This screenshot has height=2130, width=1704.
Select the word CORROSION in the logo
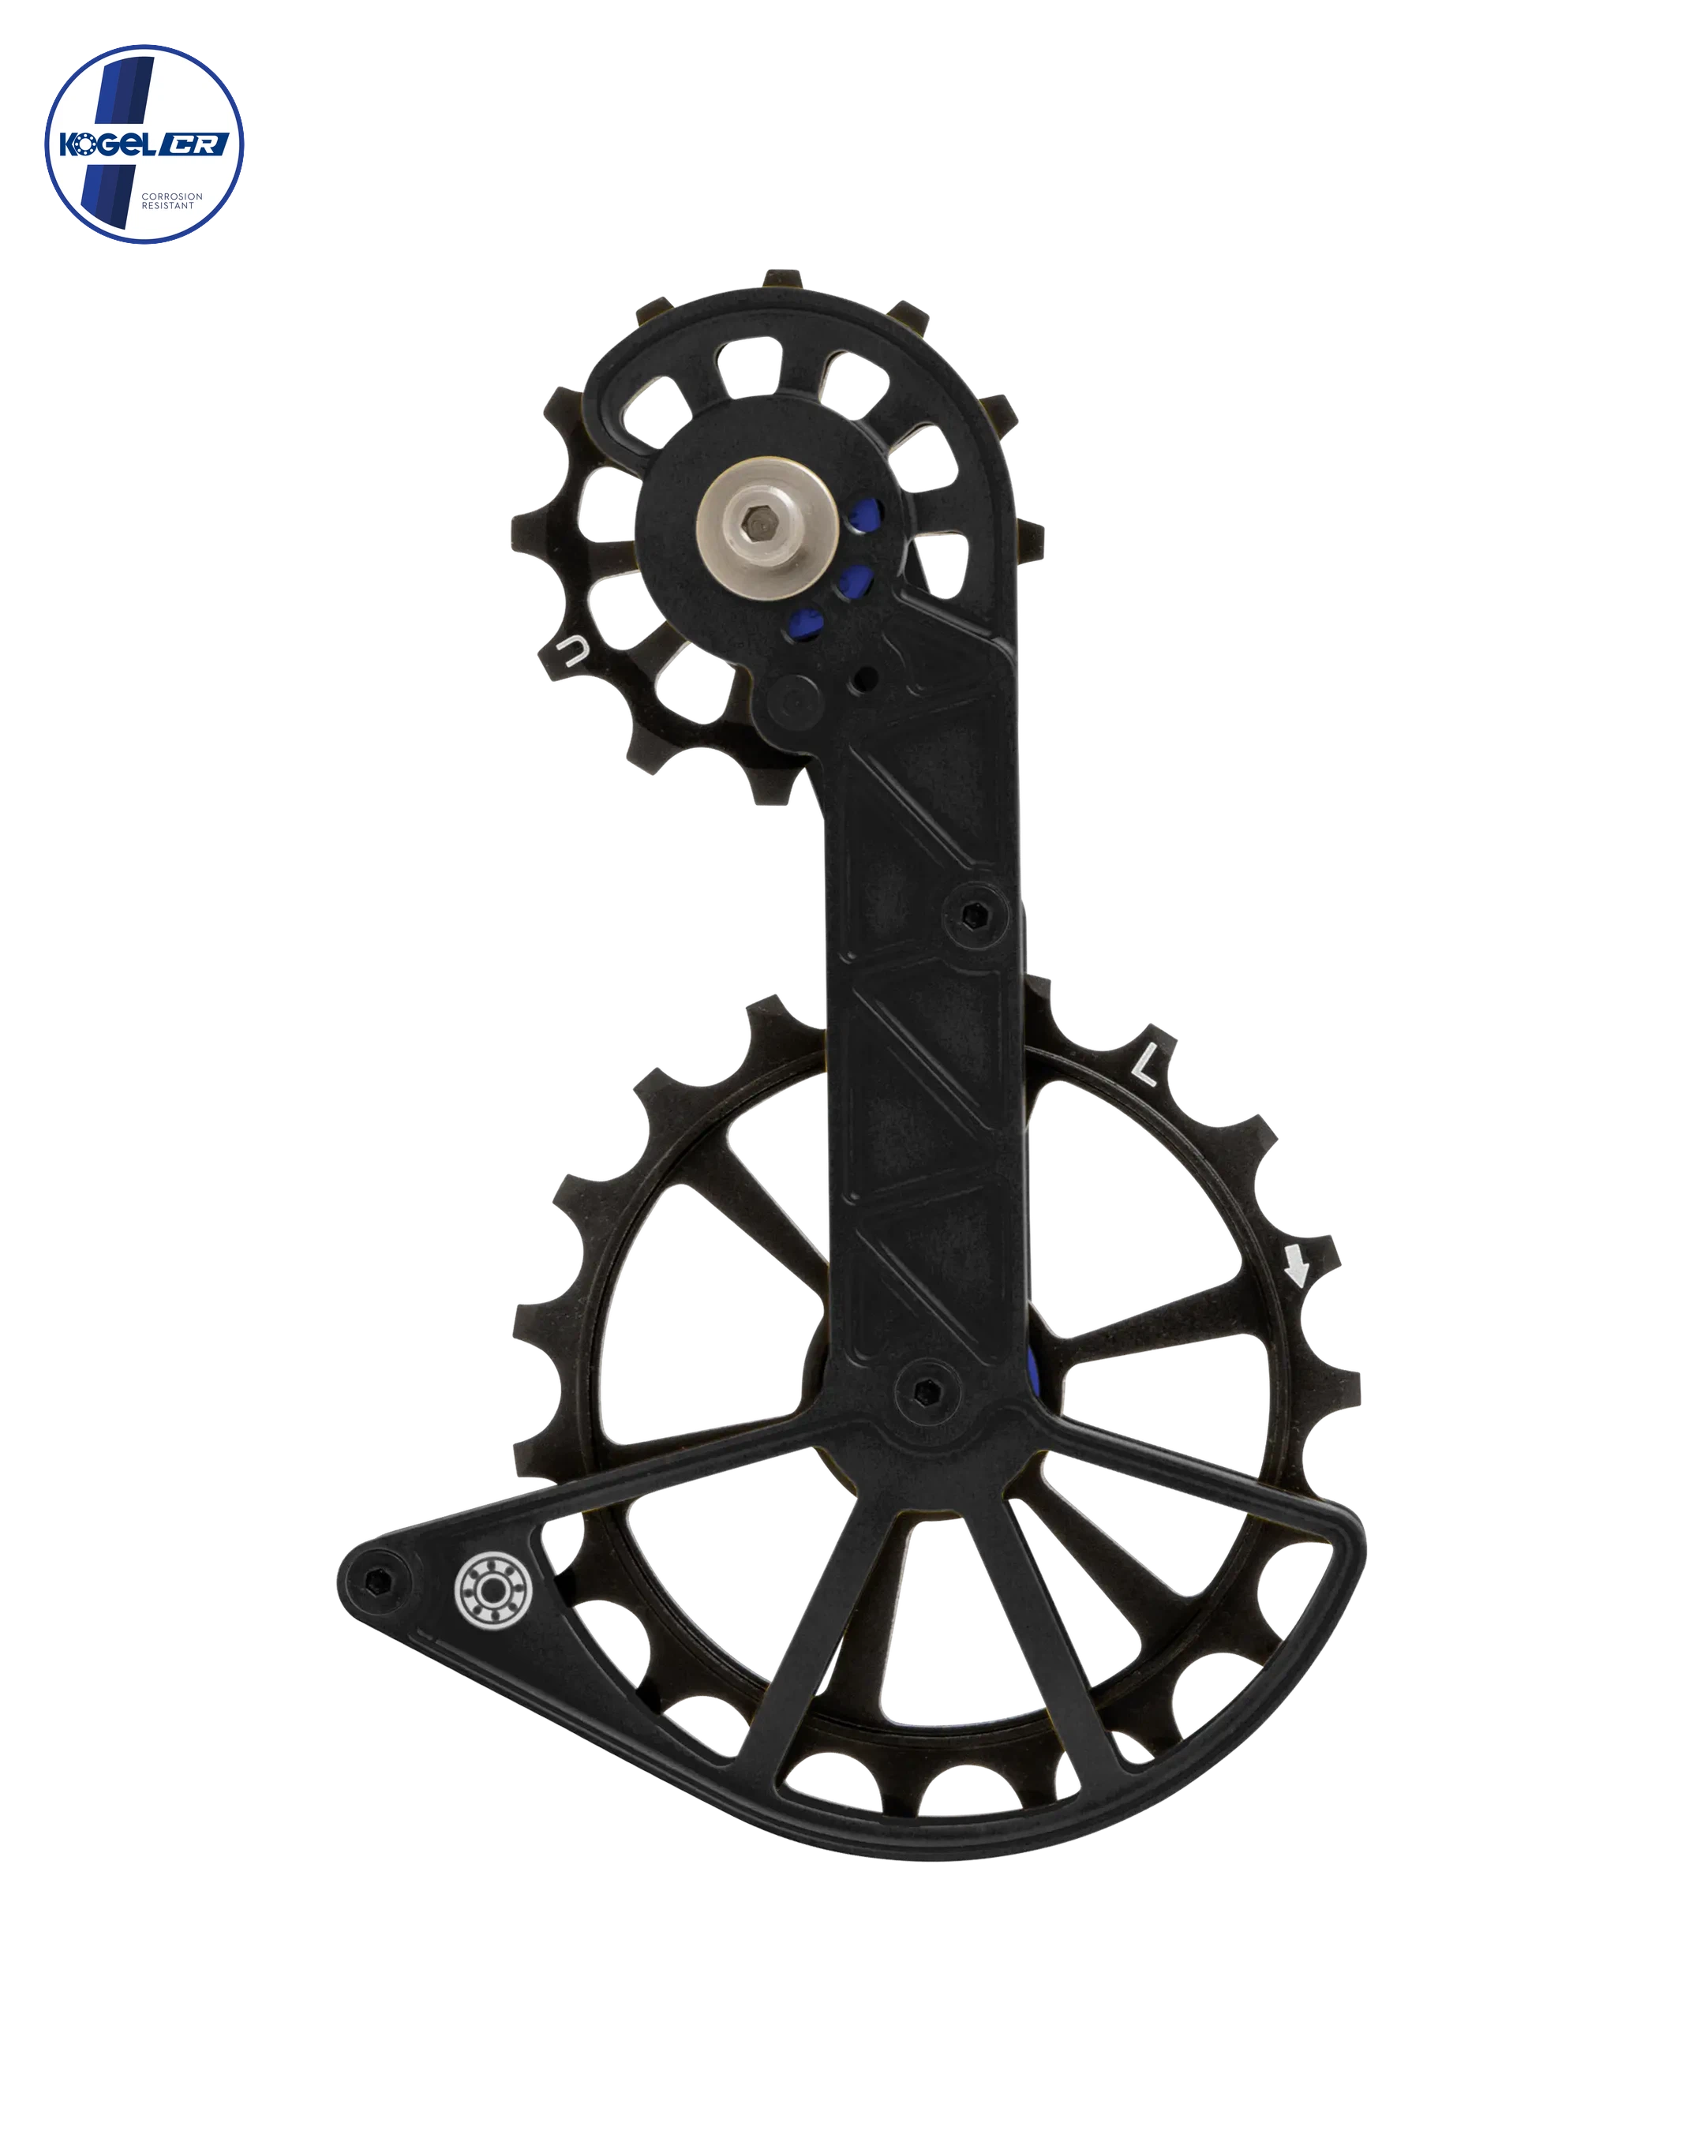click(x=172, y=196)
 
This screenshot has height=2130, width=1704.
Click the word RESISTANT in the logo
click(x=169, y=204)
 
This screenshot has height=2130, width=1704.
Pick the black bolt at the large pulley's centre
click(x=927, y=1394)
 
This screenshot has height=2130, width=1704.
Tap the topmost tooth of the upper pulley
click(x=784, y=278)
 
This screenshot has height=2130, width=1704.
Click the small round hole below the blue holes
click(x=867, y=678)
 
